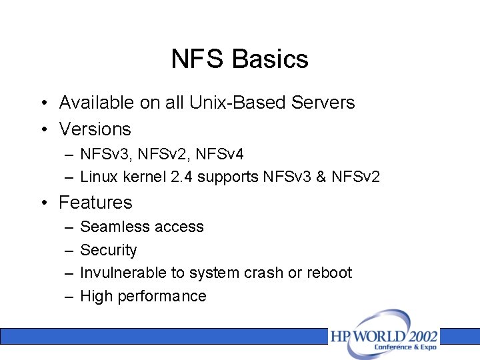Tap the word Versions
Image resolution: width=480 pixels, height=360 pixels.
[95, 129]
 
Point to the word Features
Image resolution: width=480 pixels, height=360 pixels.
[95, 202]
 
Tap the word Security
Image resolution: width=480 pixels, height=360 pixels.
[108, 250]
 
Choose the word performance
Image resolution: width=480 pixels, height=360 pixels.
[162, 296]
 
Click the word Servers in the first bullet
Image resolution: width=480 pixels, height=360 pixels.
[323, 103]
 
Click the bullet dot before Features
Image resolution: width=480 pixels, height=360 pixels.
[42, 203]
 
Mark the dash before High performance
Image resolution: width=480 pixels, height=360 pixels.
[69, 296]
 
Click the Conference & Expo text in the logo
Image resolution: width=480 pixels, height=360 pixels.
[405, 347]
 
